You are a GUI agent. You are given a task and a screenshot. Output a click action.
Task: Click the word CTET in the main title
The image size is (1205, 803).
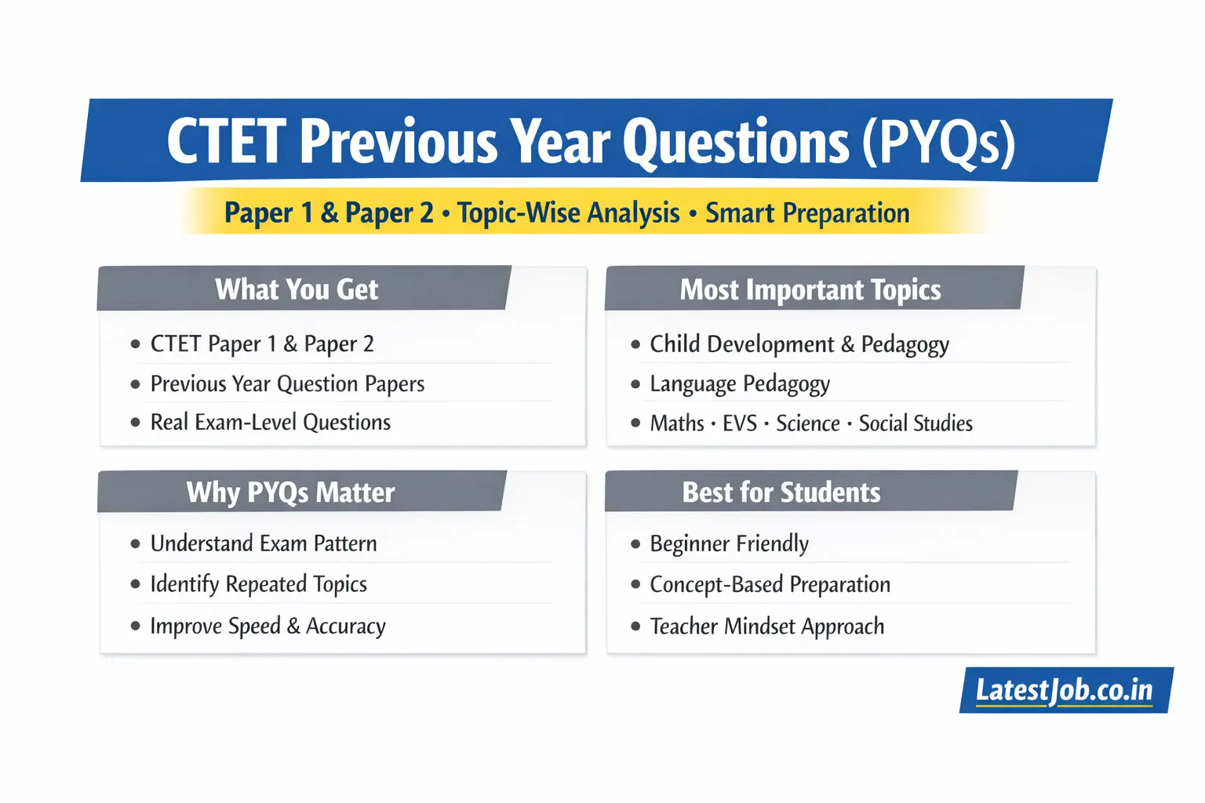point(227,142)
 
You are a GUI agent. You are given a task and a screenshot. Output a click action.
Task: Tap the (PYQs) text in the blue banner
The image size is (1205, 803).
point(938,142)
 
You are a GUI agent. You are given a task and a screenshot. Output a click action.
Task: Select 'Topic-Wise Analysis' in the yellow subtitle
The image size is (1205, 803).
point(568,213)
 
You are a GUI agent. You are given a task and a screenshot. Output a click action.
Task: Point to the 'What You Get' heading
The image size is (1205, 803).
point(297,289)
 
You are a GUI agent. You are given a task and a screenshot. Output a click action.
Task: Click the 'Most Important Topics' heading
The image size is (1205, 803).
point(810,289)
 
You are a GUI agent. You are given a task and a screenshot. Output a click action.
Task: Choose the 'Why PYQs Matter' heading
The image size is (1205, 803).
point(290,492)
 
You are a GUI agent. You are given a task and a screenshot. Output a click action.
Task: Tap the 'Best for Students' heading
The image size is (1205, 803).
point(781,492)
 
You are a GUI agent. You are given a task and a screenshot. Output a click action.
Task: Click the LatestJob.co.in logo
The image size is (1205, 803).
point(1065,690)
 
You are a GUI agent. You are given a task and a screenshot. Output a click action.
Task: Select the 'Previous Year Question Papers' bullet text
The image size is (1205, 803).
point(287,383)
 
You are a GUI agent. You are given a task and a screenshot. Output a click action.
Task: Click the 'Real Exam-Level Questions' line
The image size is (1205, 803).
point(270,423)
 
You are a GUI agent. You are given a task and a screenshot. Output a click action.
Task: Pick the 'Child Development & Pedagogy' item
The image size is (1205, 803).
point(799,344)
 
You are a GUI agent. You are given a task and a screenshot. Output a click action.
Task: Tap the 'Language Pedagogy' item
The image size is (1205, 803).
point(739,383)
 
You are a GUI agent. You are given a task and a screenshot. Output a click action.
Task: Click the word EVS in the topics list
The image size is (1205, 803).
point(739,423)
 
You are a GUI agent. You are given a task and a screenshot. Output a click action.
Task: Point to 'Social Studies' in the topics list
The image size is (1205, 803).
point(915,423)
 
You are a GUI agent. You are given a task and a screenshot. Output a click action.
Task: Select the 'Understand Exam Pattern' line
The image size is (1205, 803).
point(263,543)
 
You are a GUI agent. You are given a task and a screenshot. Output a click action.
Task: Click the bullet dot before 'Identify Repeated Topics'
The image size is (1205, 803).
point(136,584)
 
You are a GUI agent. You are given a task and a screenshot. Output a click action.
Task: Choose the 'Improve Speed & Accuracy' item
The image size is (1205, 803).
point(268,626)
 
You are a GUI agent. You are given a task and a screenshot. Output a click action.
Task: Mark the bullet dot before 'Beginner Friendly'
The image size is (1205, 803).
point(635,543)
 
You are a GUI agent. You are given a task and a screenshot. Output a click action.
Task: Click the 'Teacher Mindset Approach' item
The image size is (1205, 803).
point(766,627)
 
